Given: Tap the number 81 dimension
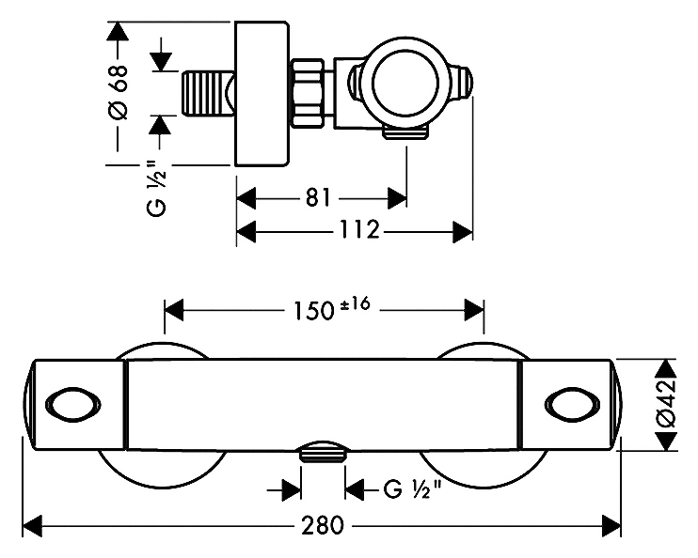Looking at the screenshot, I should (318, 198).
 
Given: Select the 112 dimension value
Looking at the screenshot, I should (358, 230).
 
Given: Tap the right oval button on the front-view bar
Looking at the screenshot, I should (570, 404).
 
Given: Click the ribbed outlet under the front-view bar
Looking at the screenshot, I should (322, 453).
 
